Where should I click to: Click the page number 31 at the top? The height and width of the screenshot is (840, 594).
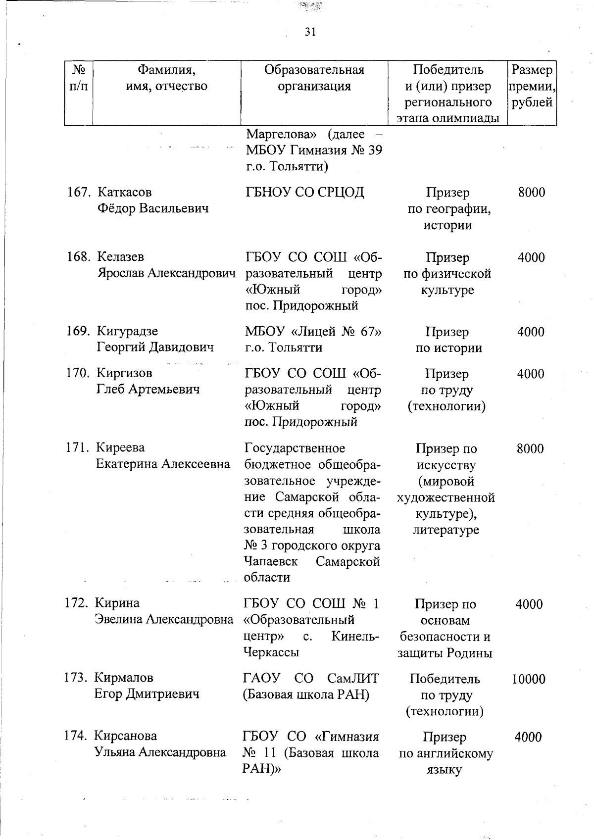click(x=310, y=32)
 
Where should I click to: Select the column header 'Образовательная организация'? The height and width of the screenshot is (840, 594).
click(x=314, y=78)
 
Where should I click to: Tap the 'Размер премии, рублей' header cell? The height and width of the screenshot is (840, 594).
click(x=532, y=86)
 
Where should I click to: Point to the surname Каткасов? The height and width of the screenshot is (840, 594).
click(x=124, y=192)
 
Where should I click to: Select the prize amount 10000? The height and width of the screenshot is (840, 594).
click(x=529, y=679)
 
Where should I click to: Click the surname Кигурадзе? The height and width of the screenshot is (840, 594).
click(x=127, y=331)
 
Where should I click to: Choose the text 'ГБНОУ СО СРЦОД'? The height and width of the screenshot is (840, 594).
click(x=305, y=192)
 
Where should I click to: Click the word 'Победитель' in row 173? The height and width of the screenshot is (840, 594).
click(x=445, y=679)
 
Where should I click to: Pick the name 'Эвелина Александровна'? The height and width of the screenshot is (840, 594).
click(x=164, y=619)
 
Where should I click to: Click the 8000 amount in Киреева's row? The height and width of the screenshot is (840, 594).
click(x=531, y=448)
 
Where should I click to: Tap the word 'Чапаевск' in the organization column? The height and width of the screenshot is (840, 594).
click(x=271, y=562)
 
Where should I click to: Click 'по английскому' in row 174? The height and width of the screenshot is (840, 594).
click(x=446, y=754)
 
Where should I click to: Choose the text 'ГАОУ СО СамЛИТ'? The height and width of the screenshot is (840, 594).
click(x=311, y=678)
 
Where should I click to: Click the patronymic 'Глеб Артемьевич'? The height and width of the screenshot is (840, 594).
click(x=148, y=389)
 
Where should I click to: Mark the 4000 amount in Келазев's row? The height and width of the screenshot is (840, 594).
click(x=531, y=257)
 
